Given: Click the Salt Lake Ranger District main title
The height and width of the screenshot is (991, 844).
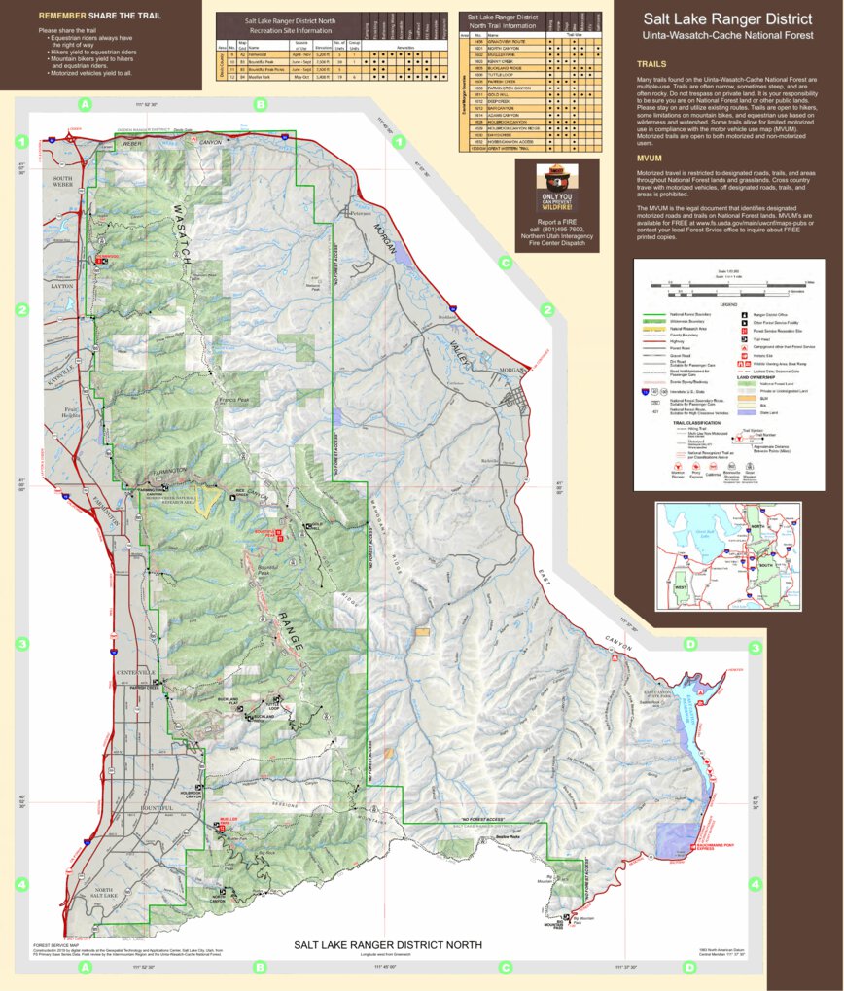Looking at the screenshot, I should tap(728, 19).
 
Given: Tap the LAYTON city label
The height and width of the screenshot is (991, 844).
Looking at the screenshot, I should tap(62, 287).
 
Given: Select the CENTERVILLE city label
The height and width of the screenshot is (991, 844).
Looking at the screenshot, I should tap(135, 673).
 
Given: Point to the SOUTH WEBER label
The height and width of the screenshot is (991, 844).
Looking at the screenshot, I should tap(63, 183).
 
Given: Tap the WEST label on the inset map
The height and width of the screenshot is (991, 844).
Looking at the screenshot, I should tap(681, 586).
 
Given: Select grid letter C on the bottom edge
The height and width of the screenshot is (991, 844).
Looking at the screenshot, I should tap(505, 967).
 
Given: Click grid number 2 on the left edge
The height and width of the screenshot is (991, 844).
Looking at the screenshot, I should tap(20, 310).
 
